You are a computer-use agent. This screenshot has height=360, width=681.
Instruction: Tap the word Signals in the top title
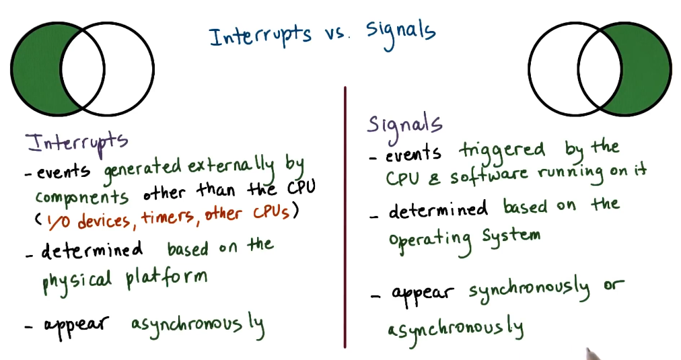(400, 31)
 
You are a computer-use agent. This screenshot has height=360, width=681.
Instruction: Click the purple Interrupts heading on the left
(76, 141)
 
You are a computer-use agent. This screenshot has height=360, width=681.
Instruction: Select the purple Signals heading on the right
(404, 124)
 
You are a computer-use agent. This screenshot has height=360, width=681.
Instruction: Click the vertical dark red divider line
(345, 215)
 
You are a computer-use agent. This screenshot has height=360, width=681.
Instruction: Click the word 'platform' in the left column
(164, 275)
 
